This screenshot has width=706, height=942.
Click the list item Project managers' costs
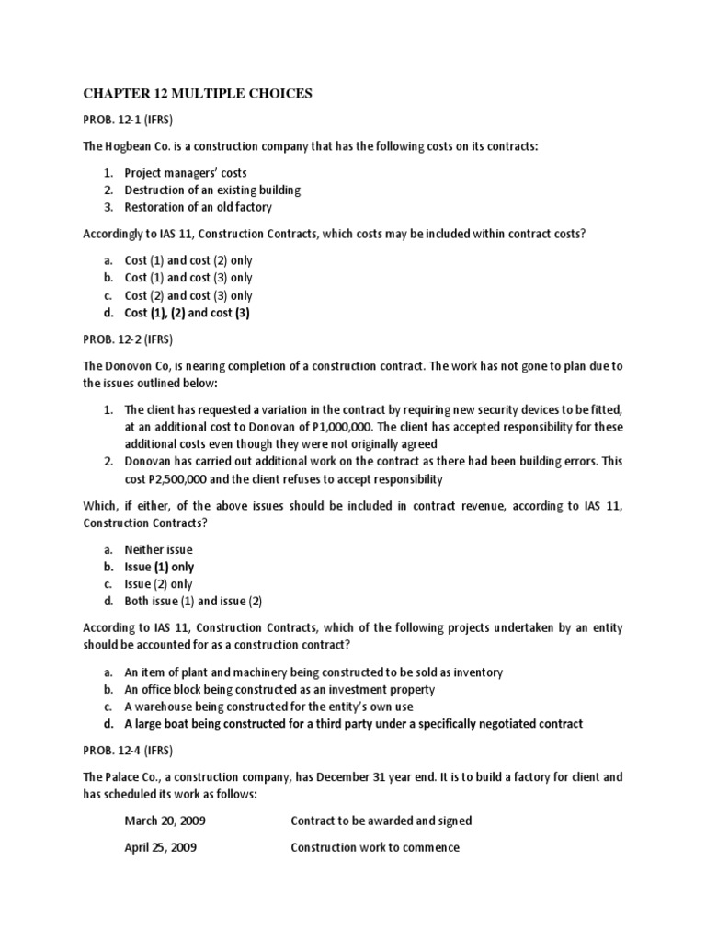coord(186,173)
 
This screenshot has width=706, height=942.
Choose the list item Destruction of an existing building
coord(212,190)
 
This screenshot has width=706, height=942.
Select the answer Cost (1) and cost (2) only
coord(188,260)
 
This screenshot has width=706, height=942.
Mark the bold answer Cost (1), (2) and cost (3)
coord(188,313)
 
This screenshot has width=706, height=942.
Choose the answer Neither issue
coord(159,549)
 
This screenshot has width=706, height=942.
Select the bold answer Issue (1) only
coord(159,567)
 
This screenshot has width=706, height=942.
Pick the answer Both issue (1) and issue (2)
coord(194,602)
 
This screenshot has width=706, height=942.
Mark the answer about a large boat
coord(353,724)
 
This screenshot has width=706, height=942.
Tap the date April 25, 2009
coord(160,847)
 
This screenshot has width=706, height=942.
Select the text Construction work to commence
coord(374,847)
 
